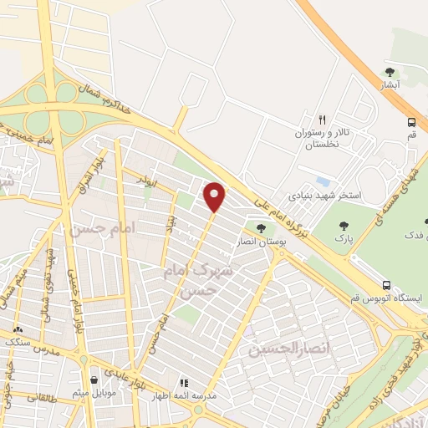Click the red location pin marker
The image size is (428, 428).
[x=215, y=196]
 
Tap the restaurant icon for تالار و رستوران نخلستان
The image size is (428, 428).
[x=322, y=120]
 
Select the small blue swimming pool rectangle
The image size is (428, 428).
[x=323, y=181]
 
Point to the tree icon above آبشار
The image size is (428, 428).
[x=390, y=72]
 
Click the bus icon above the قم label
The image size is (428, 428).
[x=411, y=122]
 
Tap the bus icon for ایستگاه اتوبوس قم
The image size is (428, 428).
[x=385, y=285]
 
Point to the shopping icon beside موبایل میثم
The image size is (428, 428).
[x=93, y=380]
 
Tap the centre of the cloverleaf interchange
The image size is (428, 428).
[x=55, y=108]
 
